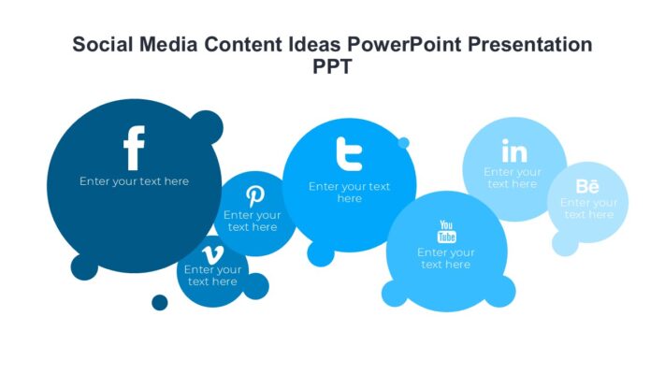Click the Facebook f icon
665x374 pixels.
(134, 150)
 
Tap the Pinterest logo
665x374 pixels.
(254, 196)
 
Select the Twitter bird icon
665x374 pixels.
(349, 154)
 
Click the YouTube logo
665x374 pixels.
(446, 231)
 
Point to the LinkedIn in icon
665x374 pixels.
(513, 151)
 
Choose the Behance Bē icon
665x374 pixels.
(587, 185)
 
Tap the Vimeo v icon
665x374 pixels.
(212, 254)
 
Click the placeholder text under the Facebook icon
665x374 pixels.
(134, 181)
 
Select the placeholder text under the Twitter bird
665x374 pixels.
(349, 193)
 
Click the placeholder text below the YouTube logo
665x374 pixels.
(446, 259)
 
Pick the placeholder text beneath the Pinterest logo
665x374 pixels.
(253, 222)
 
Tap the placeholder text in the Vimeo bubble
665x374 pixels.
(212, 276)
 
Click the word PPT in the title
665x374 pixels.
(332, 67)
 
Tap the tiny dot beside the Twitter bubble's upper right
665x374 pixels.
(403, 143)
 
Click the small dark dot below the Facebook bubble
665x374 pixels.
(160, 302)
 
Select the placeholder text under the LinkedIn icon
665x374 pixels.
(513, 178)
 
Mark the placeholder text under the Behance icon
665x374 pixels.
(588, 209)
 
